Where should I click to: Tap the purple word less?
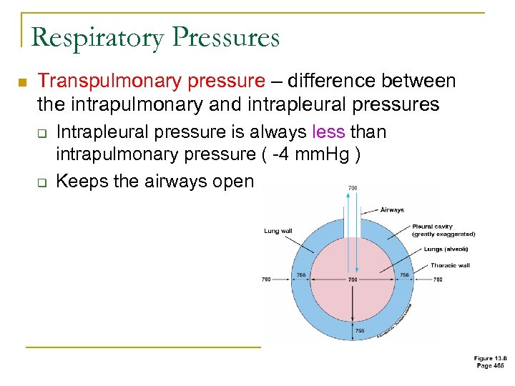[330, 132]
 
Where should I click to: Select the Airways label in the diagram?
[392, 209]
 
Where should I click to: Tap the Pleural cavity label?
[433, 227]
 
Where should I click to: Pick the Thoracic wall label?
[450, 265]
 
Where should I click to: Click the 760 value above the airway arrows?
[353, 188]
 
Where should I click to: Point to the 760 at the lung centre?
[353, 279]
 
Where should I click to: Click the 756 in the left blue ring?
[301, 274]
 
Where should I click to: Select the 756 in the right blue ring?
[404, 274]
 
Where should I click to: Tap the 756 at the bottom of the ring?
[360, 331]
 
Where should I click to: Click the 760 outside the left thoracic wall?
[267, 279]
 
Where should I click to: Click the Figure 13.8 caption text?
[489, 357]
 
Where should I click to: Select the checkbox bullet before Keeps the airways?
[43, 182]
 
